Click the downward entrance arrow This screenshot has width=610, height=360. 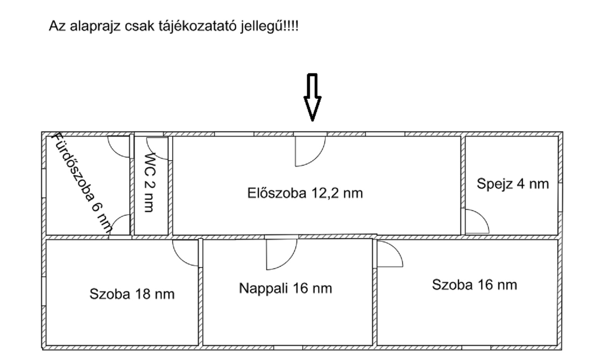pyautogui.click(x=312, y=97)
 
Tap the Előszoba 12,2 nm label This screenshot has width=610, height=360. pyautogui.click(x=305, y=193)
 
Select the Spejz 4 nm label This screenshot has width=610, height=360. pyautogui.click(x=513, y=184)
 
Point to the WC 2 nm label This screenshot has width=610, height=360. pyautogui.click(x=150, y=182)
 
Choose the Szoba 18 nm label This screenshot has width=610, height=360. pyautogui.click(x=132, y=294)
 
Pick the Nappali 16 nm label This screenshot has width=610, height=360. pyautogui.click(x=285, y=288)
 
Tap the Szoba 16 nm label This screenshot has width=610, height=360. pyautogui.click(x=475, y=285)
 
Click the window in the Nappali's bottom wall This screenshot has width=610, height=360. pyautogui.click(x=288, y=348)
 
